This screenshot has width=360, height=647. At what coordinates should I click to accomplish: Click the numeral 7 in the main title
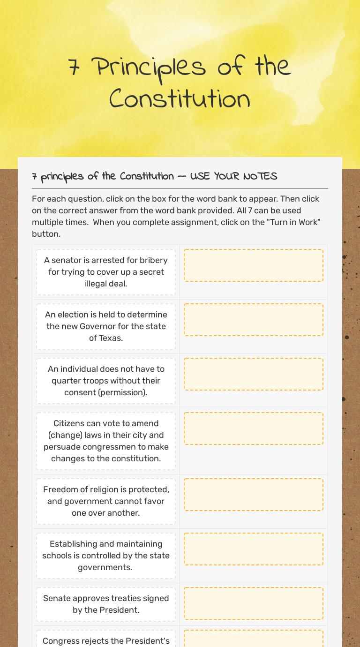[74, 68]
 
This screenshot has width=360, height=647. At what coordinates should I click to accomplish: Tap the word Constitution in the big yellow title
[180, 99]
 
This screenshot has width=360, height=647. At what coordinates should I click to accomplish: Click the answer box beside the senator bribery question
[253, 265]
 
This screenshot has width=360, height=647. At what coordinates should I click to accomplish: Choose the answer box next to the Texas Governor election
[253, 320]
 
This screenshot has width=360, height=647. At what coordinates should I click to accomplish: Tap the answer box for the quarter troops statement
[253, 374]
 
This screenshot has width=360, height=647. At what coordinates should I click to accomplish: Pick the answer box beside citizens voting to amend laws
[253, 429]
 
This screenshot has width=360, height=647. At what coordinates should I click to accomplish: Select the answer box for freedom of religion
[253, 495]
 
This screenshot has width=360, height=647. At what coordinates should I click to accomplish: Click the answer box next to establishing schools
[253, 549]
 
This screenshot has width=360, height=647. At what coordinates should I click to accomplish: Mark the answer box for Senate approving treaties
[253, 603]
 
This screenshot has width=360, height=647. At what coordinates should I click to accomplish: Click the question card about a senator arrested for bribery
[106, 272]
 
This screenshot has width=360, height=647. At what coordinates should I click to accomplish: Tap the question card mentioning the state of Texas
[106, 326]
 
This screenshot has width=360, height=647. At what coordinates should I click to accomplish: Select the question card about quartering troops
[106, 381]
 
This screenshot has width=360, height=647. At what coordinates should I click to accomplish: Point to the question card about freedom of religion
[106, 501]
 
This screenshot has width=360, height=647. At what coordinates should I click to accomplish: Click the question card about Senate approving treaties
[106, 604]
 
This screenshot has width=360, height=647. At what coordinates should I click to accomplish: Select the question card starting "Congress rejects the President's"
[106, 639]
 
